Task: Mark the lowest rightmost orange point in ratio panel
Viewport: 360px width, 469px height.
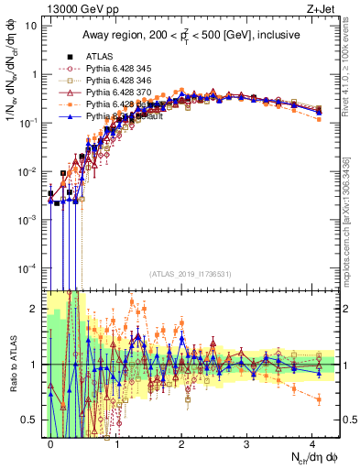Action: [318, 398]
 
